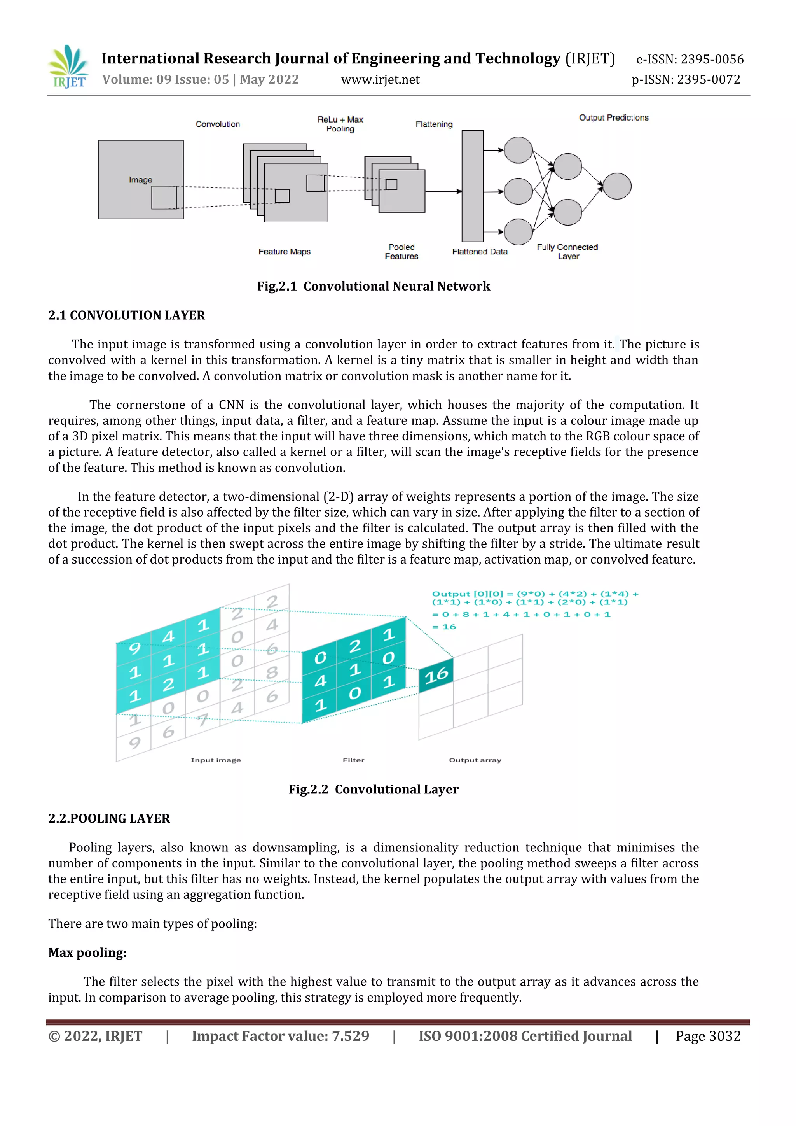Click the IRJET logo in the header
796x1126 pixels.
click(x=69, y=67)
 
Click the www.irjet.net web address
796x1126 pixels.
click(x=381, y=79)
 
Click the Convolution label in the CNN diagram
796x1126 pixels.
click(x=218, y=124)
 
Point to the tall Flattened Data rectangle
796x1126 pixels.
click(x=473, y=186)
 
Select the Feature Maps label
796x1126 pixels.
click(x=284, y=252)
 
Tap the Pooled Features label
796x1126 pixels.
click(x=401, y=252)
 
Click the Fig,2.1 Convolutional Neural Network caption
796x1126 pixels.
click(x=374, y=286)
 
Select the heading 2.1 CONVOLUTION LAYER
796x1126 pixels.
click(x=126, y=315)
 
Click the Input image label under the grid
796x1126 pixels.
click(x=216, y=760)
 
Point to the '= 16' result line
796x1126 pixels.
click(x=444, y=627)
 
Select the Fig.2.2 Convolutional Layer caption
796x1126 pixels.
click(x=374, y=790)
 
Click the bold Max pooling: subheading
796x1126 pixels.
click(x=87, y=953)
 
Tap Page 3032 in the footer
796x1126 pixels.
click(x=708, y=1036)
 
